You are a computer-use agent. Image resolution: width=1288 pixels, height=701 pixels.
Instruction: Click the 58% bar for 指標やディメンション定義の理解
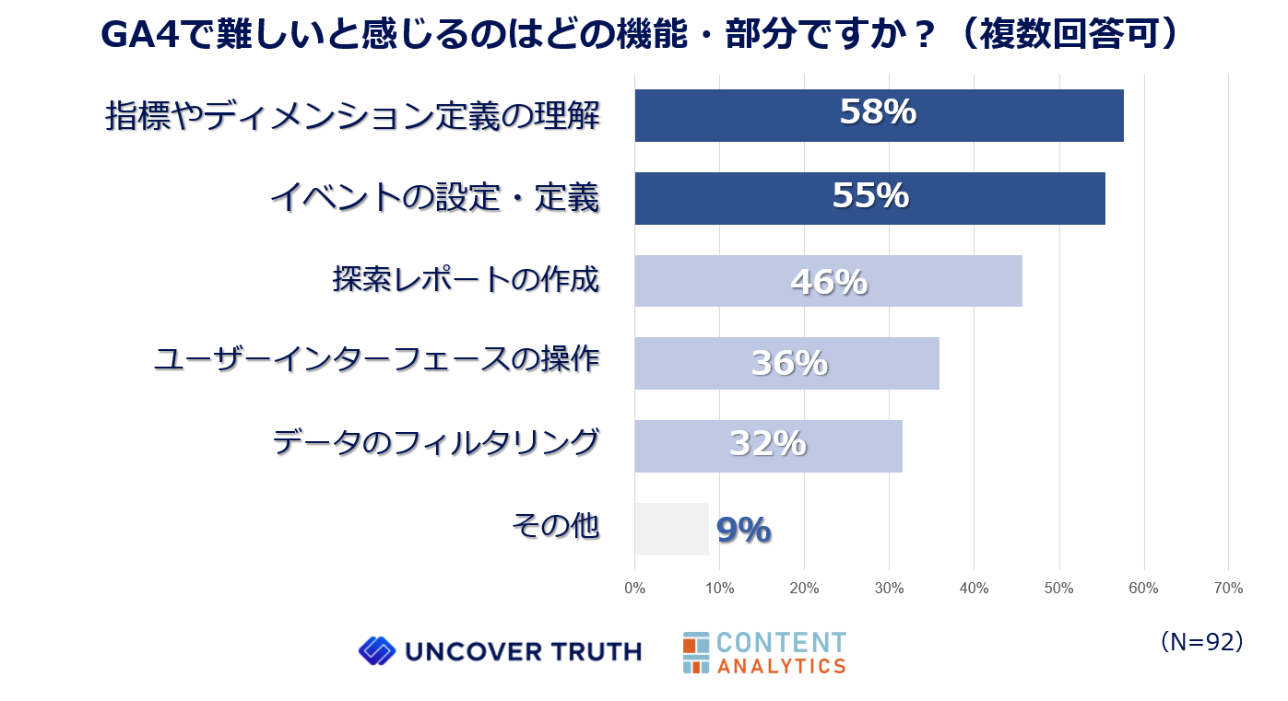879,115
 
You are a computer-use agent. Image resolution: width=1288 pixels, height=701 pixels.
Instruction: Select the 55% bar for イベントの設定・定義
869,198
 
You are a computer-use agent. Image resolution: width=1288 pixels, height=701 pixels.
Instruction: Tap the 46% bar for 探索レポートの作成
828,281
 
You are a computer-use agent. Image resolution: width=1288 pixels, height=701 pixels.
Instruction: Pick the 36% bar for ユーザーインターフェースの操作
786,363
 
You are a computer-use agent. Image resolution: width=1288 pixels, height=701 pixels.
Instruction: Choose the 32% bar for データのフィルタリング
768,446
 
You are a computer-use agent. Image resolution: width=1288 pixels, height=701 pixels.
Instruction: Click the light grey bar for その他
671,529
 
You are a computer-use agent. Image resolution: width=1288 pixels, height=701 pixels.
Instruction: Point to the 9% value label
743,530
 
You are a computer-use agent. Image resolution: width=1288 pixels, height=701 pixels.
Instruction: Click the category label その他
555,526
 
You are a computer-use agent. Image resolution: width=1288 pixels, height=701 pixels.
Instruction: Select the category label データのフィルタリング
435,443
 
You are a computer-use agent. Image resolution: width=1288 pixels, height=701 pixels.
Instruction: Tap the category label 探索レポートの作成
466,278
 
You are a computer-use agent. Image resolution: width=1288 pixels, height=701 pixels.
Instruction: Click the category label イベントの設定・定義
434,196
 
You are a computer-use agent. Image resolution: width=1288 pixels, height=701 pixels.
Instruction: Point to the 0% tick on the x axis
634,589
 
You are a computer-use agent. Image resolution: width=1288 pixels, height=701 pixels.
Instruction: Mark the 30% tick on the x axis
889,589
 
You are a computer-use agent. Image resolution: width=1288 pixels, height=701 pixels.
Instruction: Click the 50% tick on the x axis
1058,589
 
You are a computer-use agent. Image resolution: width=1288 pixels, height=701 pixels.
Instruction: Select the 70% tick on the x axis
1228,589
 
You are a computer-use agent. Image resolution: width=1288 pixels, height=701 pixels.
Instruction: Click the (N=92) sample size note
1202,642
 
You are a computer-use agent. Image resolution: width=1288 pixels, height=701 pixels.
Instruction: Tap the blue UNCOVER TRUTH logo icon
376,651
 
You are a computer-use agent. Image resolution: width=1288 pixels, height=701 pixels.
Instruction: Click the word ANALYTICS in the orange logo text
781,665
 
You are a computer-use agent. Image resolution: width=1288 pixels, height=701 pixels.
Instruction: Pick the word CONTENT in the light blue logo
780,642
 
